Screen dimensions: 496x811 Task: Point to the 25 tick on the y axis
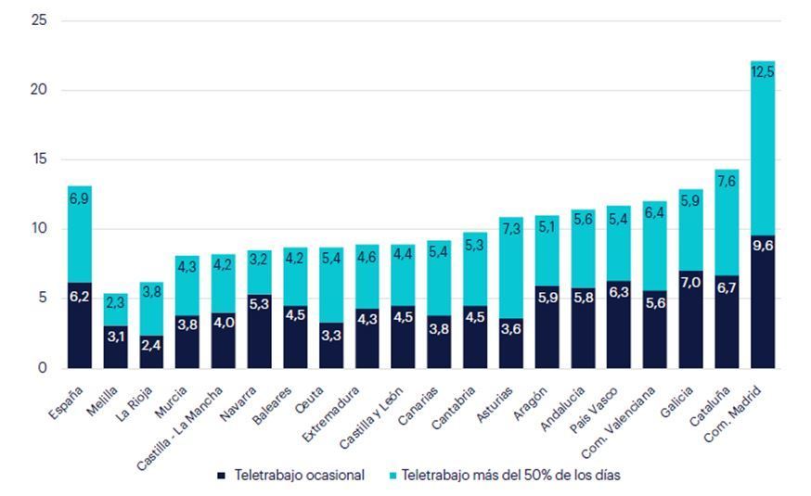(x=40, y=20)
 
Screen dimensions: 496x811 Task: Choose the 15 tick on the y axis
(x=40, y=159)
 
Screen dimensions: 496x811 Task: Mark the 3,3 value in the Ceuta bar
(x=332, y=334)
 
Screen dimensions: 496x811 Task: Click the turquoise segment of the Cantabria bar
(x=475, y=269)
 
